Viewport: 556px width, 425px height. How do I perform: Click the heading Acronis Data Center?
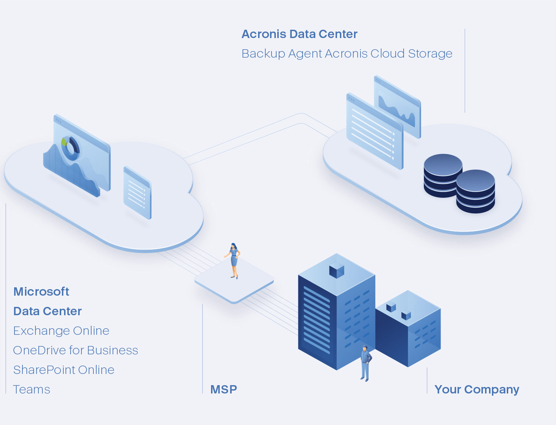[299, 34]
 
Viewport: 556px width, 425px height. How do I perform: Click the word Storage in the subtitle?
[430, 54]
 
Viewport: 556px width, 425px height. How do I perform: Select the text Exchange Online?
[61, 331]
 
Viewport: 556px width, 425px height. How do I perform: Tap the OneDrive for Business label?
[76, 350]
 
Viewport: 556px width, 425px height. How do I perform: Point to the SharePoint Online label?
[64, 370]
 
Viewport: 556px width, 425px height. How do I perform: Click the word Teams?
[31, 389]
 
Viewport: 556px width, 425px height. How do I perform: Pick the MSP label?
[224, 389]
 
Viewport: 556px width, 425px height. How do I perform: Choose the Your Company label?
[477, 389]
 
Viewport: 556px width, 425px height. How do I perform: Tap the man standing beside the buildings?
[365, 363]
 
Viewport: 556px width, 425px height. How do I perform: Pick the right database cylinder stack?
[475, 191]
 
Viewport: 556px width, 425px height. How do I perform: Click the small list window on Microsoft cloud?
[137, 193]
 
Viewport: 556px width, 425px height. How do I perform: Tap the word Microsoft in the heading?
[41, 292]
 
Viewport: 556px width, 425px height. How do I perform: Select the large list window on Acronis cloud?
[374, 132]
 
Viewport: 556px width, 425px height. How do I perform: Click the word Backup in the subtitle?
[263, 54]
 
